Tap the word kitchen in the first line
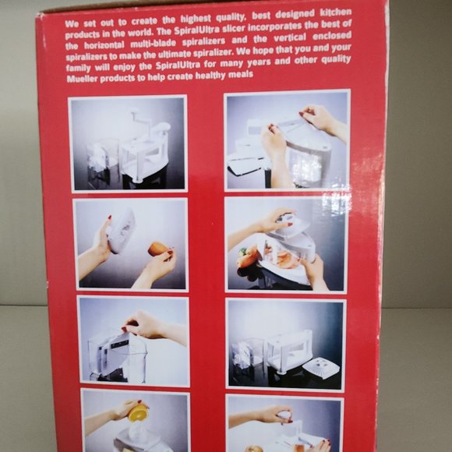(336, 12)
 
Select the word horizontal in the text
(104, 45)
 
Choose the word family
(78, 69)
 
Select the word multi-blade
(153, 44)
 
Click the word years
(259, 62)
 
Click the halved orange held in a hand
(138, 412)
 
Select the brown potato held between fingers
(158, 249)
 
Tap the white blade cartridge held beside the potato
(121, 231)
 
